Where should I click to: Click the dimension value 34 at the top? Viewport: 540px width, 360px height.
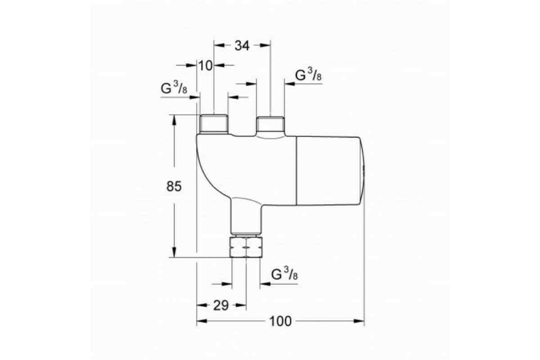[x=242, y=45]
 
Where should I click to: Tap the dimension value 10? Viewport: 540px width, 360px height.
[x=206, y=66]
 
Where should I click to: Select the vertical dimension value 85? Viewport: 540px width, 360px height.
[x=174, y=186]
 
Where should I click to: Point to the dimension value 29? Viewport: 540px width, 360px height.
[x=221, y=306]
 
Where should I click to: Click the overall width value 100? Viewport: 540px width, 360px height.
[x=280, y=321]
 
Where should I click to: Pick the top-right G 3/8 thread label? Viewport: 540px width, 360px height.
[x=308, y=74]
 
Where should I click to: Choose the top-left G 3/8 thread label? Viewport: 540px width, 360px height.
[x=174, y=88]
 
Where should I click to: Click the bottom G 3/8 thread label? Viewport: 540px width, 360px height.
[x=284, y=274]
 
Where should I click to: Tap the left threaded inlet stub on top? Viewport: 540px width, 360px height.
[x=214, y=124]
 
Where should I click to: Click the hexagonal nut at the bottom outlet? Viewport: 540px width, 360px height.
[x=246, y=247]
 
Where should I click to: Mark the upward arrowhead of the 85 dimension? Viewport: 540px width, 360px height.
[x=174, y=120]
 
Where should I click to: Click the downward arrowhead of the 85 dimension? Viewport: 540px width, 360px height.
[x=174, y=252]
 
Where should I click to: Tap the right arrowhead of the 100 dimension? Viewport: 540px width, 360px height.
[x=359, y=321]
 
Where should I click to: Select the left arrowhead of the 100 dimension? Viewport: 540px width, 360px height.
[x=202, y=321]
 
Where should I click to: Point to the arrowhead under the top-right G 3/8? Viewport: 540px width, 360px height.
[x=290, y=84]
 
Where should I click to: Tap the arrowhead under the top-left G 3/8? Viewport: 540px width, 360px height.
[x=195, y=97]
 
